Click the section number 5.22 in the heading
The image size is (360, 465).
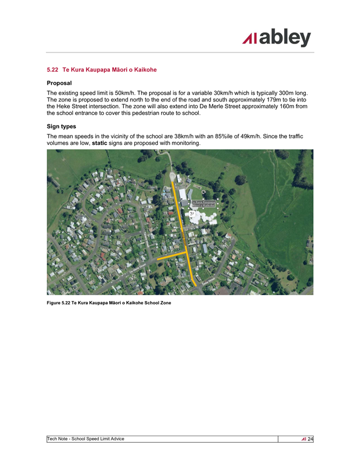tap(52, 70)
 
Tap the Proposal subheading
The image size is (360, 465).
tap(59, 83)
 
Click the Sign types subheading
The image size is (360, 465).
tap(61, 127)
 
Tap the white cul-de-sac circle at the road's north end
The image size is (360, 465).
tap(172, 177)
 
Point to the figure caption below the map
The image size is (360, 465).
tap(109, 303)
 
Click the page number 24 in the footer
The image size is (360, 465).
tap(310, 439)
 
